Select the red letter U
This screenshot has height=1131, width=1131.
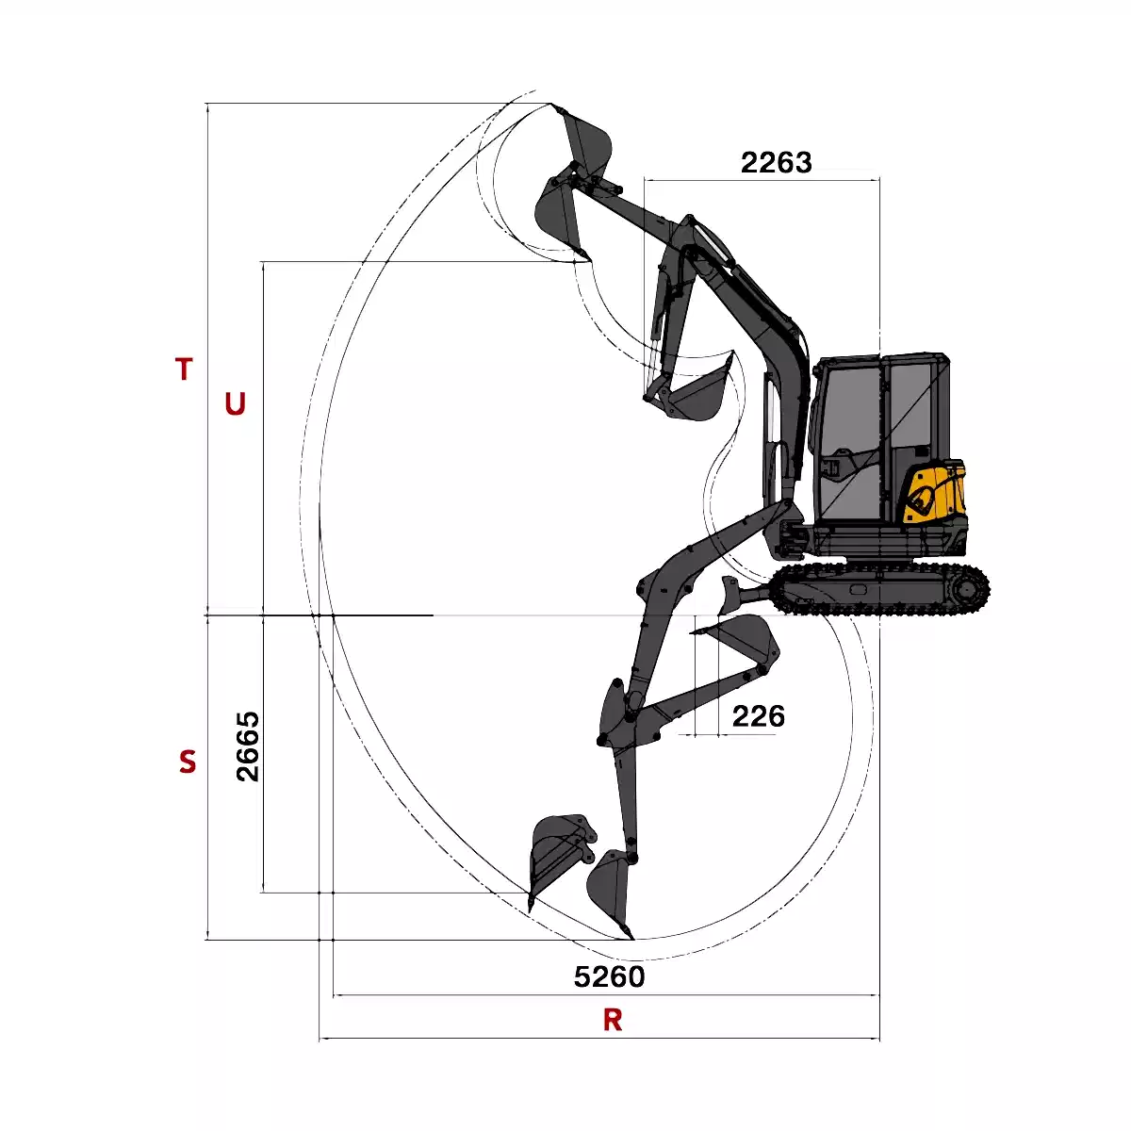pos(235,403)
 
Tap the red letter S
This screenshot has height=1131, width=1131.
pos(188,762)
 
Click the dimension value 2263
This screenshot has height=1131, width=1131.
pos(776,162)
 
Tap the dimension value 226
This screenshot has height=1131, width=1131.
pos(759,716)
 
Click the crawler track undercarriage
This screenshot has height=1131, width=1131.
pos(880,589)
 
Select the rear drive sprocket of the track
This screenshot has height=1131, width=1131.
pos(970,589)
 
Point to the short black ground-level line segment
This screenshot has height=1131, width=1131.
pos(319,615)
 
